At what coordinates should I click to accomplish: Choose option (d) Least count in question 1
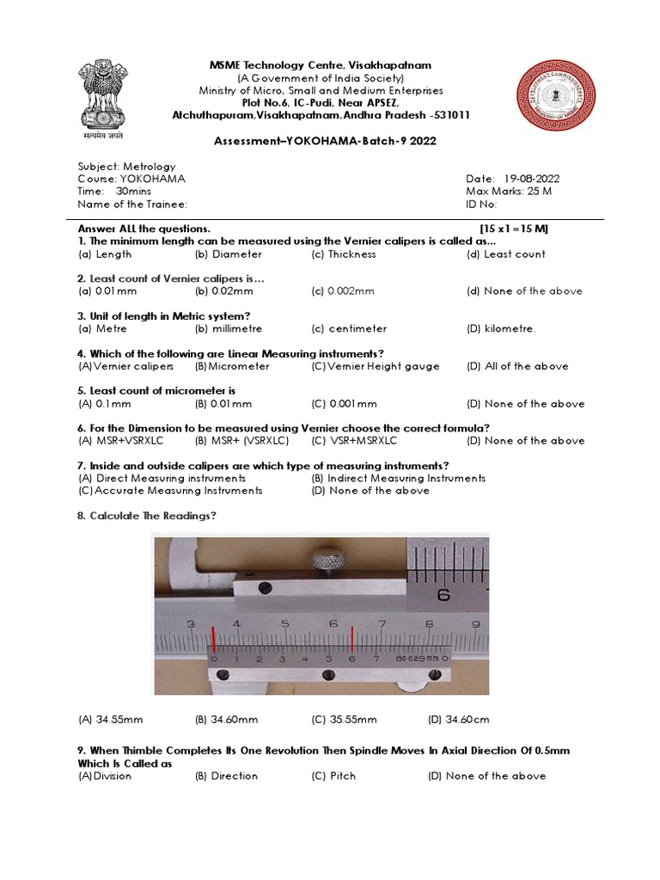505,254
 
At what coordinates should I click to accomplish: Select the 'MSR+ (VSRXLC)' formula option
241,441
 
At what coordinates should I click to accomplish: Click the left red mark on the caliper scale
214,639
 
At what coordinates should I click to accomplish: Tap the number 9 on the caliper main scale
474,624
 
